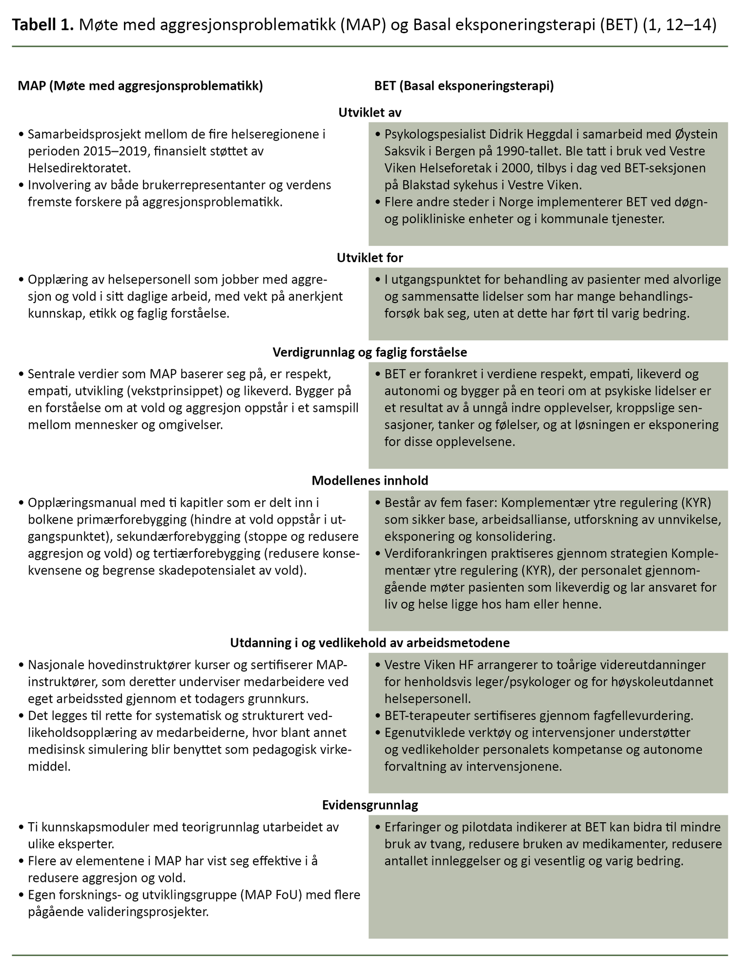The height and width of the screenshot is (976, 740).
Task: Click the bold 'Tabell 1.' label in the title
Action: [x=42, y=25]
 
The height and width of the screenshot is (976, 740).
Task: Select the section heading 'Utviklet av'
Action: [x=370, y=113]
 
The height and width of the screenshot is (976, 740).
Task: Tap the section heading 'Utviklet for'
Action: [x=370, y=258]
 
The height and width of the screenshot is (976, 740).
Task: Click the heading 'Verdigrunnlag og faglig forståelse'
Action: [x=370, y=352]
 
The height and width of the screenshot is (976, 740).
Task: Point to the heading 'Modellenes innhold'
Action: [x=370, y=481]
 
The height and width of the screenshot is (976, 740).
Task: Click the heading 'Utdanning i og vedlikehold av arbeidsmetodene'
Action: [x=370, y=643]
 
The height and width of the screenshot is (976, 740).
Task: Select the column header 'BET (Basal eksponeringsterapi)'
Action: [x=464, y=86]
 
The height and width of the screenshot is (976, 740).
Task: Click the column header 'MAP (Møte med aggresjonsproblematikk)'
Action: [x=141, y=86]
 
